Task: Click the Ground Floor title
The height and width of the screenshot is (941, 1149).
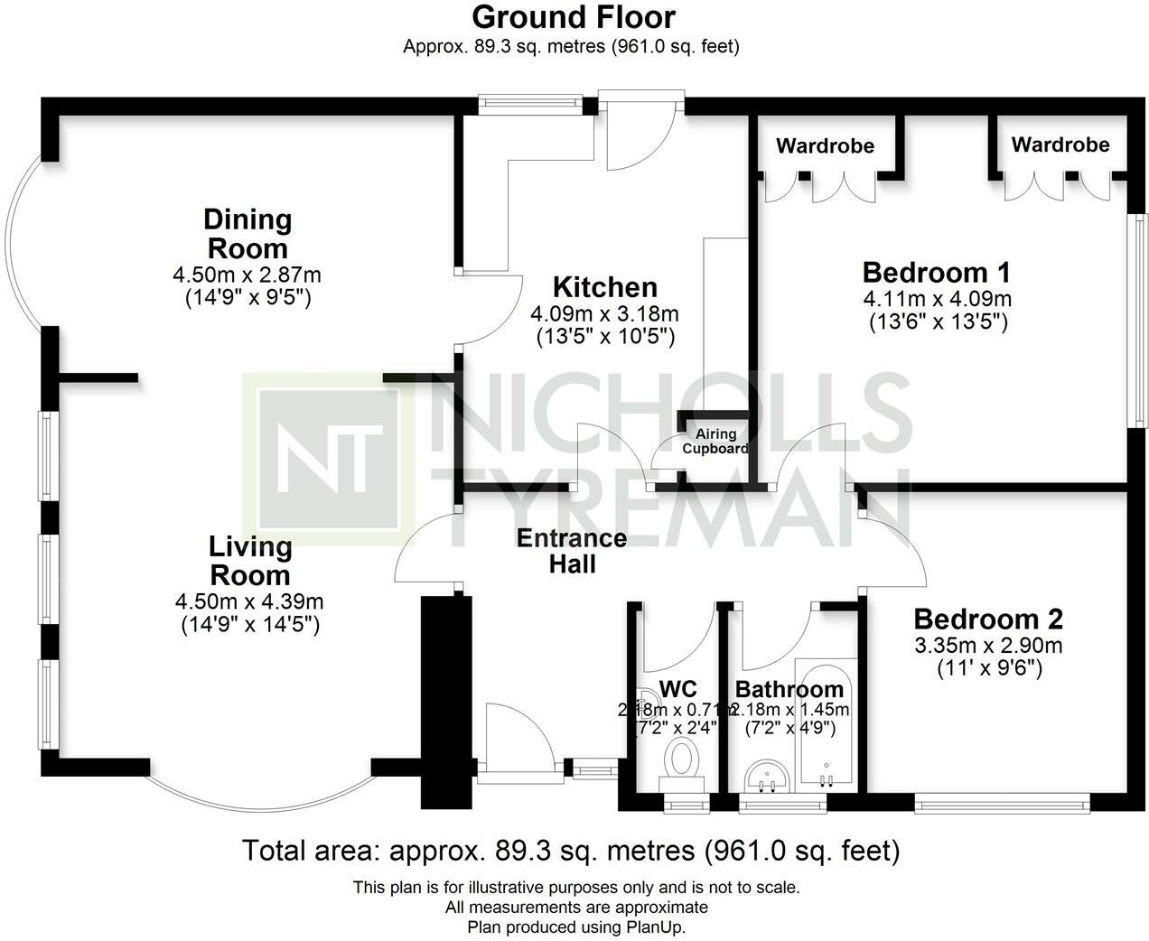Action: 573,17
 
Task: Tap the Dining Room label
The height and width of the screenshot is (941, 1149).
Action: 247,233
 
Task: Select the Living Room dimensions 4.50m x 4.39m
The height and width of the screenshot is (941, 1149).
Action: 249,601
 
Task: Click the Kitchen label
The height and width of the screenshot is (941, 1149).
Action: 604,287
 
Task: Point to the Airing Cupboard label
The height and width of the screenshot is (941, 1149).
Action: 715,442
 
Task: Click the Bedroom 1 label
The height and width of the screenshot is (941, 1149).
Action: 936,272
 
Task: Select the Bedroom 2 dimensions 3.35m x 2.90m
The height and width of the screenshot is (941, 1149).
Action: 987,646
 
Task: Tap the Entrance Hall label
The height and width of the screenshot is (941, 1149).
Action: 571,551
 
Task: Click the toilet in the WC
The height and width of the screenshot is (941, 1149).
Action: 679,759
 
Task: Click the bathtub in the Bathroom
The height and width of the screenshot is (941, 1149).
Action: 826,722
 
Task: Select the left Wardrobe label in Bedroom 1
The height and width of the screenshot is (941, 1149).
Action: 825,145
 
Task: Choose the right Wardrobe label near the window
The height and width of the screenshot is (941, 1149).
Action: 1060,144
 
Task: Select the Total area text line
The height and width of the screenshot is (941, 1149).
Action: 571,851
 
